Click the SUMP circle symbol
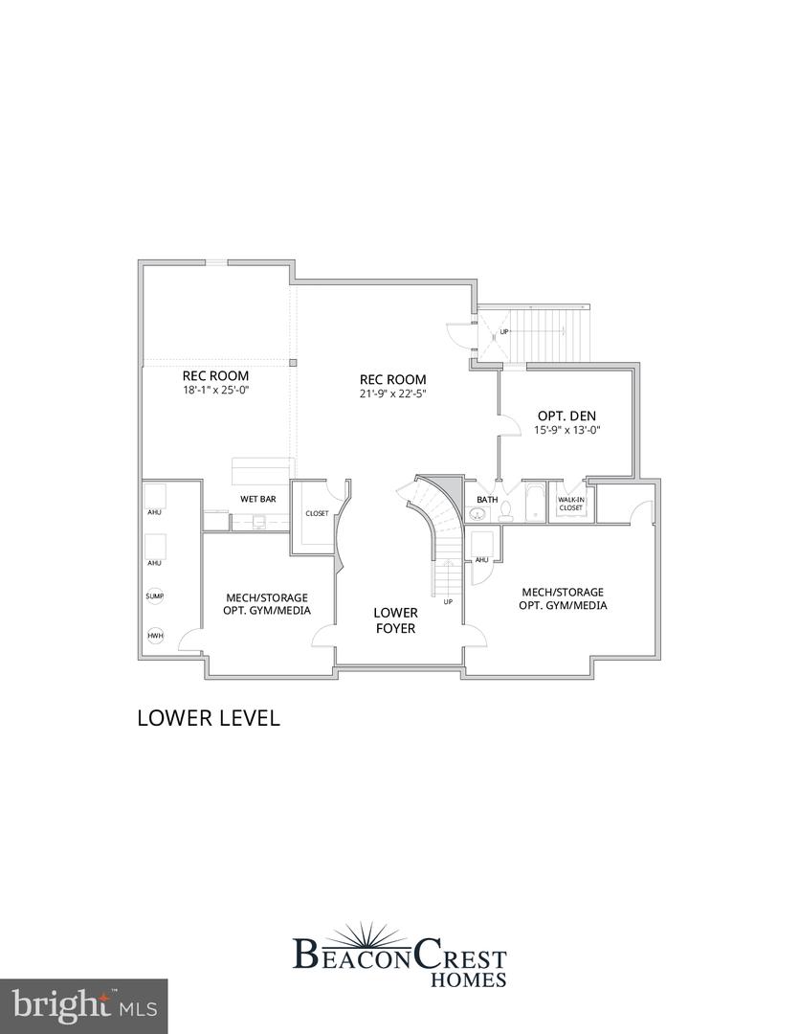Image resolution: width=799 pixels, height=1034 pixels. coord(154,596)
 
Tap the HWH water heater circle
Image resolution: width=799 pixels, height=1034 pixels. coord(154,636)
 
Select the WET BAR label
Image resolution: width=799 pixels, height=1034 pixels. coord(258,499)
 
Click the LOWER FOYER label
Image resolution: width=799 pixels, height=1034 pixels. coord(395,619)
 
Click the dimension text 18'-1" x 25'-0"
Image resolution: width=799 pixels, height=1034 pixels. coord(216,391)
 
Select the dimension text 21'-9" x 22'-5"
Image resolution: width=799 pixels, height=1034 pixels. coord(392,393)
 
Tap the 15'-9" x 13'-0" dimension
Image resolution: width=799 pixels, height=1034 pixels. coord(566,431)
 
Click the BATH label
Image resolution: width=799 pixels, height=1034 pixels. coord(487,499)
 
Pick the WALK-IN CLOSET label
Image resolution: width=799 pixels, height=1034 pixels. coord(571,503)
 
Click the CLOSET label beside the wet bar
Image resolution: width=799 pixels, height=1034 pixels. coord(317,513)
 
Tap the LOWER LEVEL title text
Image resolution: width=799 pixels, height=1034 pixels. coord(209,717)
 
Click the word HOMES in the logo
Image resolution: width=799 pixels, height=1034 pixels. coord(468,978)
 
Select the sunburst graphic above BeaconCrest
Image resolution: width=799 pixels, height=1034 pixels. coord(399,933)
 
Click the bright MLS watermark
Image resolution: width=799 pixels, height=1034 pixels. coord(83,1005)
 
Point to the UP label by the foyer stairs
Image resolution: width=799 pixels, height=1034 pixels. coord(447,601)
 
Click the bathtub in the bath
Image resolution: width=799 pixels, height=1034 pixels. coord(532,505)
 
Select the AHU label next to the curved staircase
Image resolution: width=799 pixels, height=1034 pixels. coord(481,560)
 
